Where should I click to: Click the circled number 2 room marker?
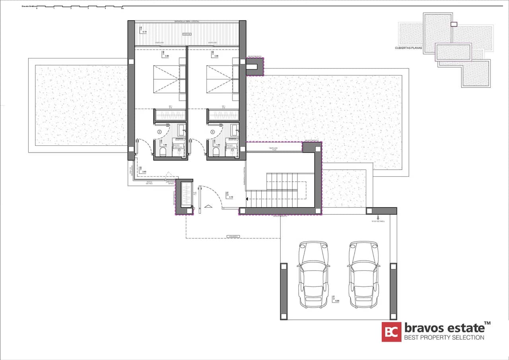click(159, 132)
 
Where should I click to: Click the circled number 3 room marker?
click(213, 132)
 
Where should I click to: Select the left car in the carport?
click(314, 274)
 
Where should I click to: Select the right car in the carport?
click(364, 274)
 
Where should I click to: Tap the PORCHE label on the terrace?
click(187, 35)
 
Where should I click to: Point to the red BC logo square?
click(391, 332)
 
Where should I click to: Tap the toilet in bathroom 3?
click(216, 152)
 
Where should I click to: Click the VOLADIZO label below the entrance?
click(233, 236)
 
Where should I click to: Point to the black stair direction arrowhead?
click(247, 199)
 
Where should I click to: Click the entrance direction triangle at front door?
click(208, 206)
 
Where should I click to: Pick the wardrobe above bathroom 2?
click(170, 115)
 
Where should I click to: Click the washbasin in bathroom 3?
click(234, 129)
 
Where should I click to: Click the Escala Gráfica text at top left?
click(29, 6)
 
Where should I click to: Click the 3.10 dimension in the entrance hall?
click(231, 197)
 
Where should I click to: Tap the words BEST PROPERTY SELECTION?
click(444, 338)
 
